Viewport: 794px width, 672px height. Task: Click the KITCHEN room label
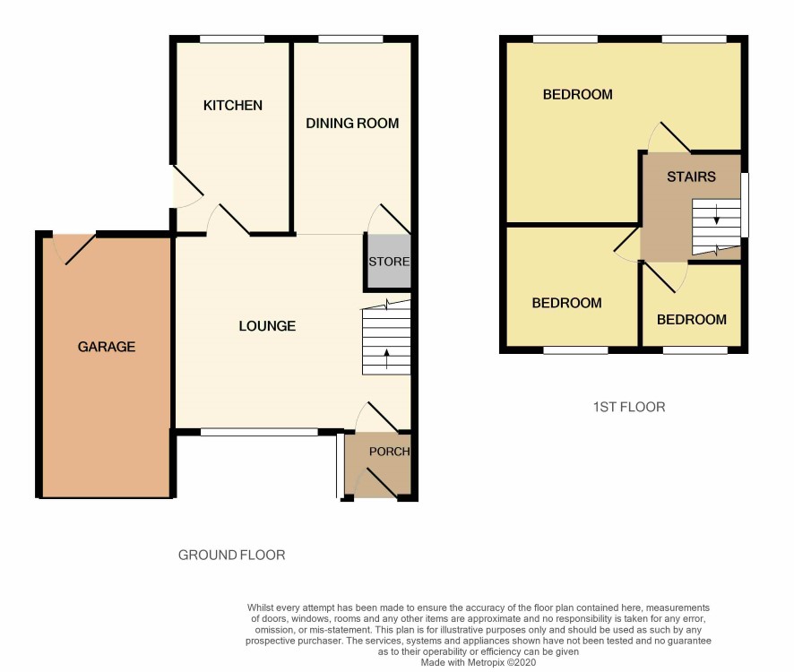[x=232, y=106]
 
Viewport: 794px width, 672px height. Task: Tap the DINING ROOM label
[x=352, y=123]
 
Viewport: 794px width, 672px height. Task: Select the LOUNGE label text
[x=267, y=325]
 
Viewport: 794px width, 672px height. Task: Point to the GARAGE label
[x=107, y=347]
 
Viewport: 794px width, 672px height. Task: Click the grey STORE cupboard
[x=388, y=262]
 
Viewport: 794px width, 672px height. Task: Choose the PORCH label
[x=389, y=452]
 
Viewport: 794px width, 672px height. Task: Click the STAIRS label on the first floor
[x=691, y=177]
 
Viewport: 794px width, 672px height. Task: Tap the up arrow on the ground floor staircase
[x=387, y=358]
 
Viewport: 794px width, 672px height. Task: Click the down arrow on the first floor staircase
[x=717, y=214]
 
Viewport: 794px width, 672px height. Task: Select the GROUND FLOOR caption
[x=231, y=555]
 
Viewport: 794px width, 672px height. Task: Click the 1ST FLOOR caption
[x=629, y=407]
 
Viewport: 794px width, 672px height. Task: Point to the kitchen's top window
[x=232, y=39]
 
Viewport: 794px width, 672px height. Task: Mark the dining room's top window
[x=351, y=39]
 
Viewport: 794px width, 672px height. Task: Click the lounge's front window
[x=259, y=432]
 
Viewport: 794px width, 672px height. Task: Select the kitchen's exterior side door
[x=188, y=186]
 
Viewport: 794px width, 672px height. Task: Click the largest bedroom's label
[x=577, y=95]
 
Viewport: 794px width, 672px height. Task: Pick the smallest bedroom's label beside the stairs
[x=692, y=320]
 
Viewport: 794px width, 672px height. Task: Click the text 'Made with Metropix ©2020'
[x=478, y=662]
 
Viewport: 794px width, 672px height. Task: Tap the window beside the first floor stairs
[x=745, y=205]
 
